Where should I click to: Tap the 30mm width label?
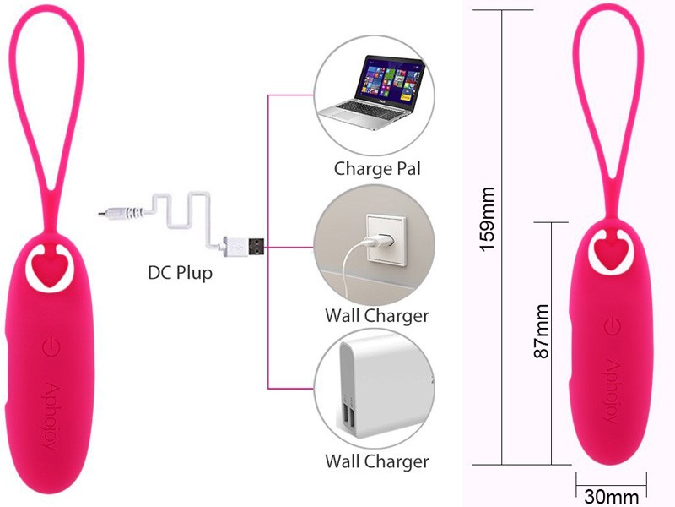pos(611,496)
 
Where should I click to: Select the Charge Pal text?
pos(377,167)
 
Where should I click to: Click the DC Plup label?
pos(181,274)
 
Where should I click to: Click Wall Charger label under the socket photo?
pos(377,316)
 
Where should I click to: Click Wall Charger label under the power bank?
pos(377,461)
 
